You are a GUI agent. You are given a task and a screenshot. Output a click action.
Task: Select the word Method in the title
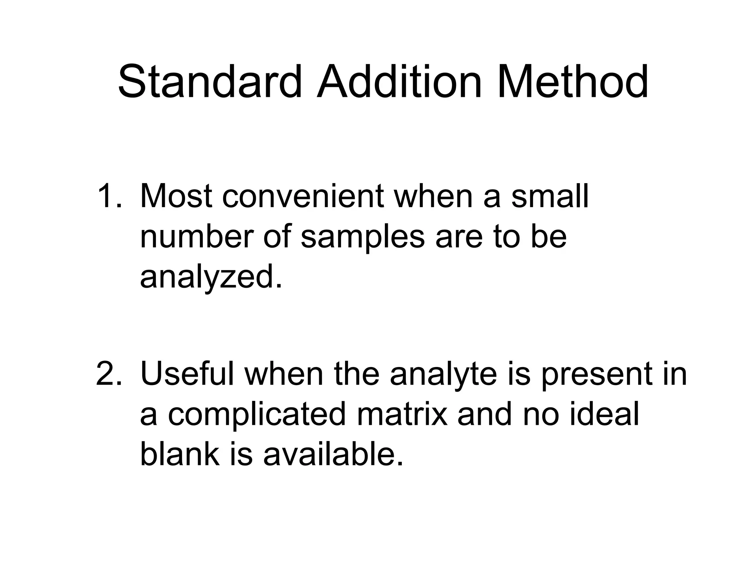573,82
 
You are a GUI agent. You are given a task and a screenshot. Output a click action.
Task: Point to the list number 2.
109,374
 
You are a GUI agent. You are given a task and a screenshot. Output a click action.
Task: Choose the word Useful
187,374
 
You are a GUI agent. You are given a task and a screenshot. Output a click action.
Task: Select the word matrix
402,415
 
